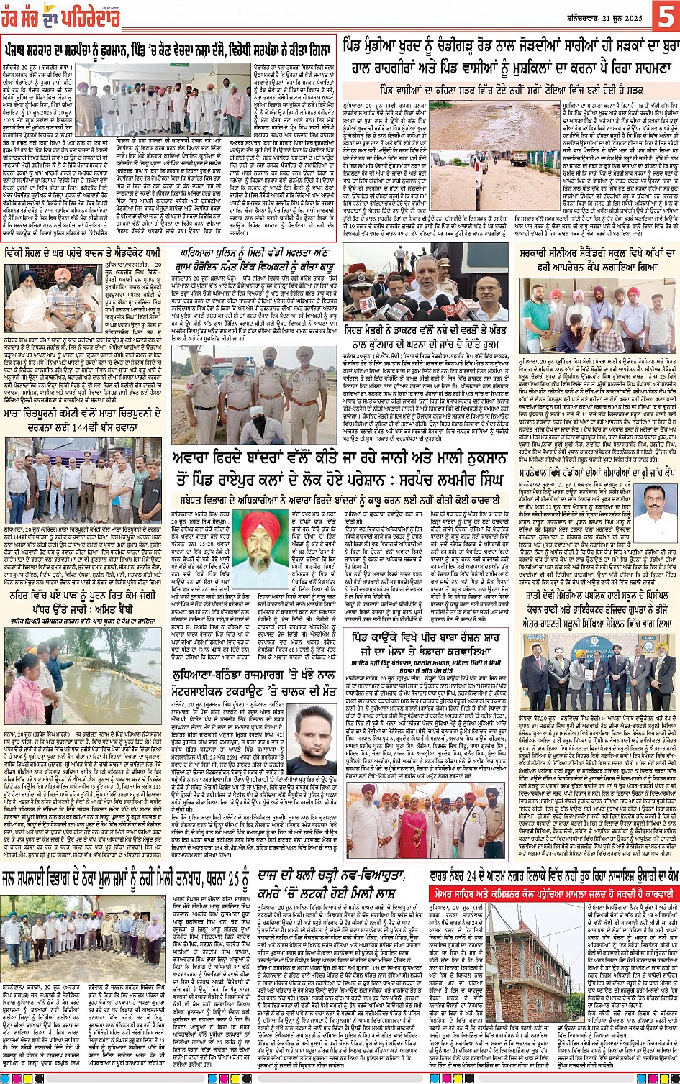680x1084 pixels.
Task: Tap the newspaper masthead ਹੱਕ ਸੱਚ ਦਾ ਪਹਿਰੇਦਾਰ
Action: tap(60, 18)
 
